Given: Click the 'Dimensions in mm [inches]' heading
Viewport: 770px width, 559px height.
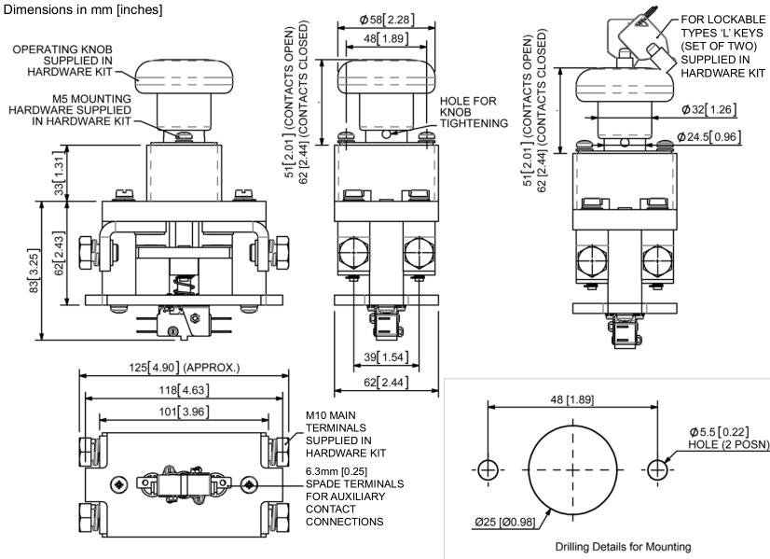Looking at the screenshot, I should [x=82, y=9].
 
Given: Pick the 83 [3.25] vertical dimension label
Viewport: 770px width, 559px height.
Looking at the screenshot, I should [x=34, y=271].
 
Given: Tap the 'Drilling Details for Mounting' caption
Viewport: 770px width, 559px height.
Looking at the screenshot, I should [x=623, y=546].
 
